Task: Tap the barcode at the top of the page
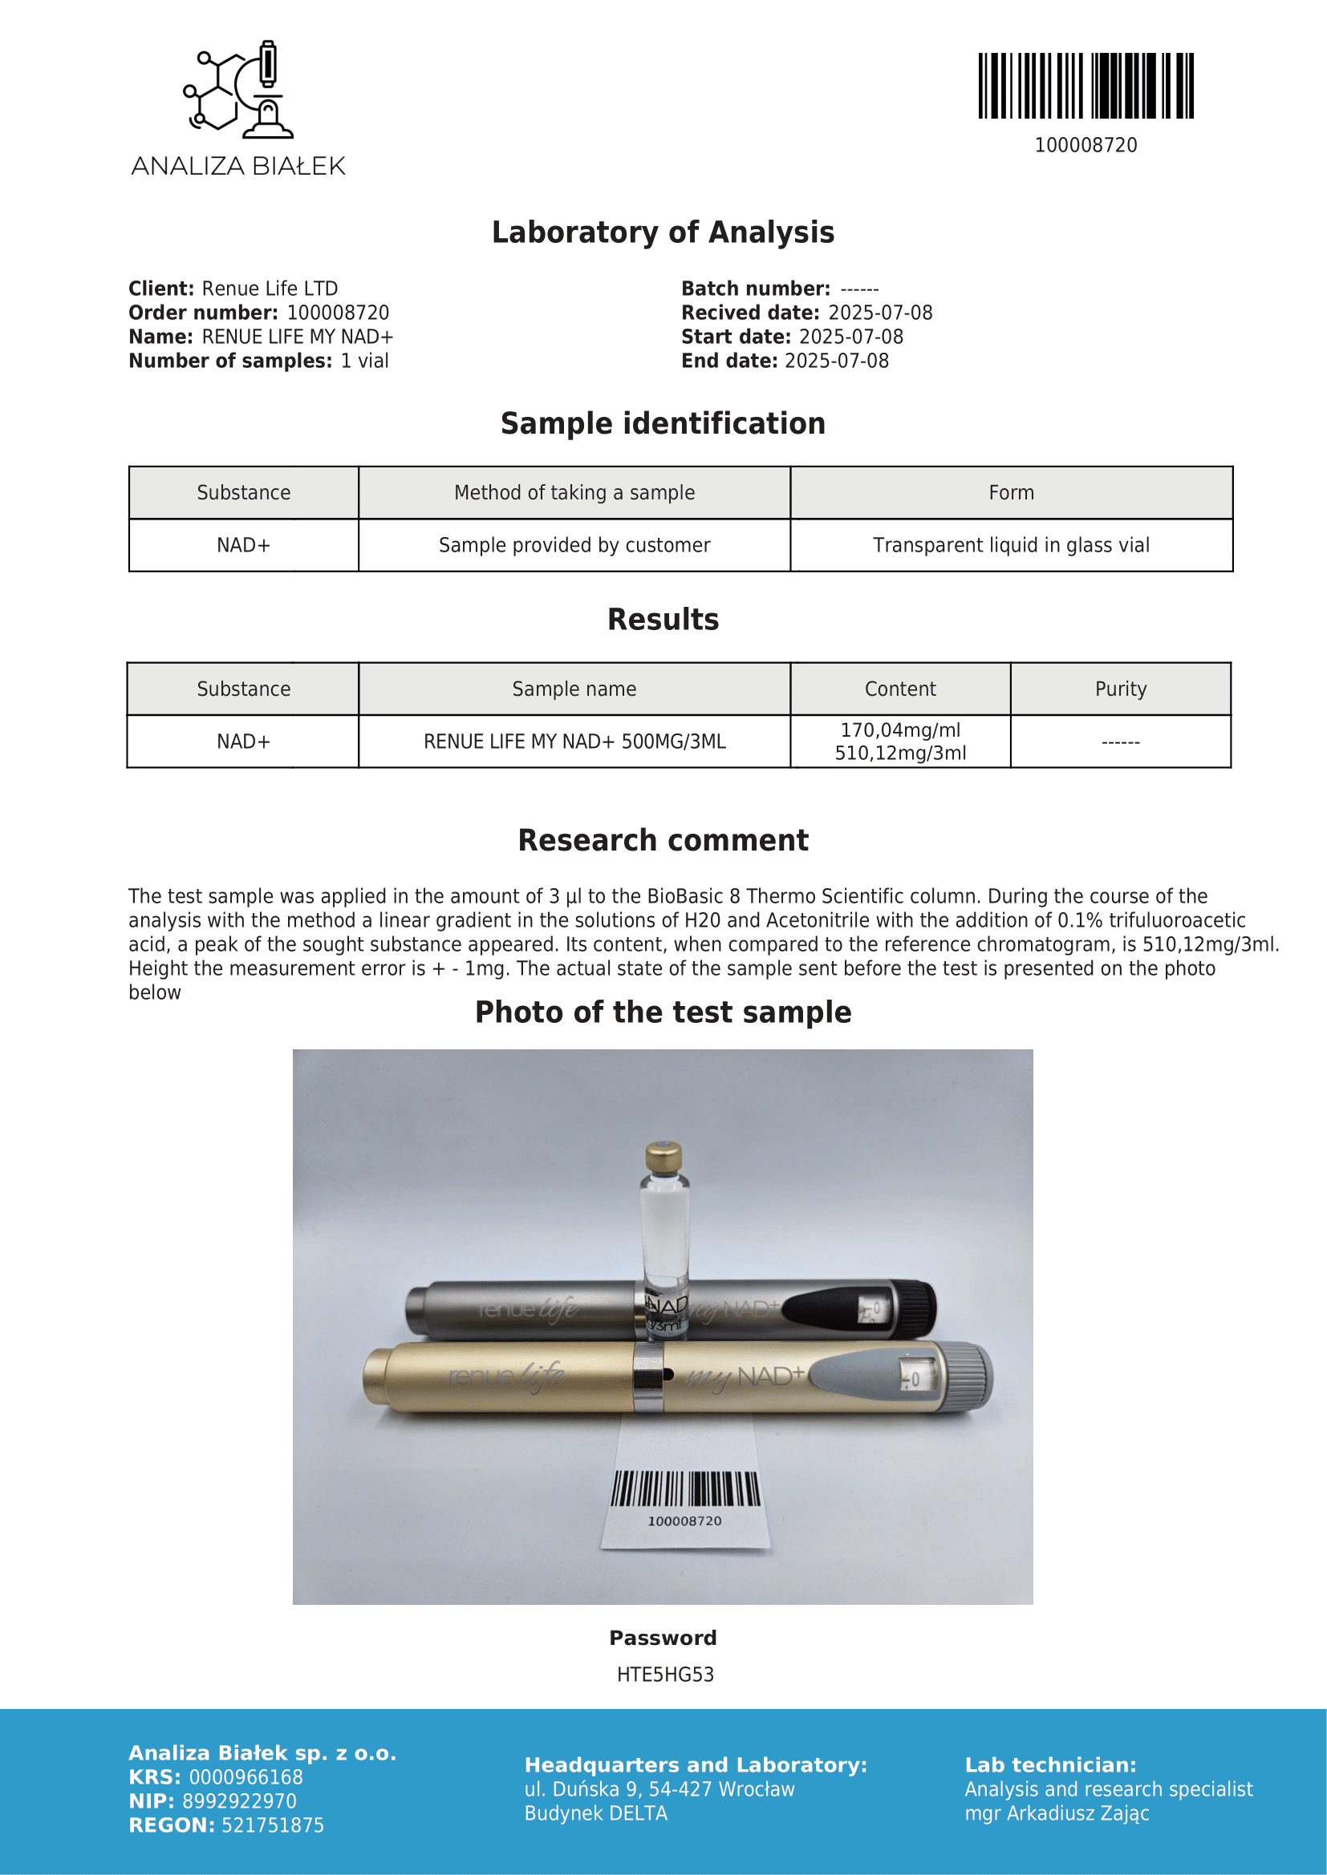(x=1086, y=86)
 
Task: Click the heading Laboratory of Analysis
(x=663, y=232)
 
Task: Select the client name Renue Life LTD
(x=270, y=289)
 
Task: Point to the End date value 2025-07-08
(x=836, y=361)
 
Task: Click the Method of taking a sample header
(x=574, y=493)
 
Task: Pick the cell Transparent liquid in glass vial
(x=1011, y=546)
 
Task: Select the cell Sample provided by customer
(x=574, y=546)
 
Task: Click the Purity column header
(x=1120, y=689)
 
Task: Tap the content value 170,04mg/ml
(x=899, y=730)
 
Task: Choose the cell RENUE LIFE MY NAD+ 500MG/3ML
(x=574, y=742)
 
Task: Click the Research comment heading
(x=663, y=840)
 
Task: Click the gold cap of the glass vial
(x=663, y=1157)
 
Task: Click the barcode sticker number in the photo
(x=684, y=1521)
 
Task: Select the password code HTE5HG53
(x=665, y=1674)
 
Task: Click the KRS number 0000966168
(x=246, y=1777)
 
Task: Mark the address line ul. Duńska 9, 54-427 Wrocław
(x=659, y=1789)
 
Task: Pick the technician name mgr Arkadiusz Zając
(x=1057, y=1813)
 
